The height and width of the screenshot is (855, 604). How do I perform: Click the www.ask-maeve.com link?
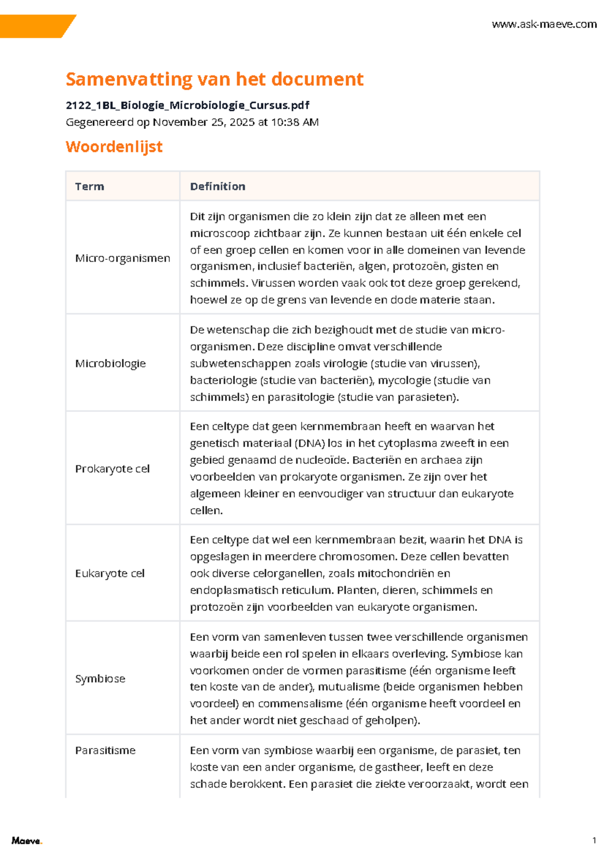click(544, 24)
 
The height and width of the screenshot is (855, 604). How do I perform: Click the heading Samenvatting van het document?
click(214, 79)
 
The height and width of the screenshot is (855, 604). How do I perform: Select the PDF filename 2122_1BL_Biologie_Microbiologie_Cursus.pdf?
click(187, 105)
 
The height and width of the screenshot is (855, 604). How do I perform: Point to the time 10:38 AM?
click(294, 122)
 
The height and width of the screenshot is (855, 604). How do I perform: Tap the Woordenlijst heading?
click(114, 147)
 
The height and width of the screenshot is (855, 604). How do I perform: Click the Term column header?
click(90, 186)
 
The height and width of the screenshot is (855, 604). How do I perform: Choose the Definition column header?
click(217, 186)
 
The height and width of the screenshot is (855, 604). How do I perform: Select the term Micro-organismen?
click(122, 258)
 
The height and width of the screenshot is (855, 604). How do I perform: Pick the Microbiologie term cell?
click(110, 364)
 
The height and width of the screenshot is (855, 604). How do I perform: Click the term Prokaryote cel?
click(112, 469)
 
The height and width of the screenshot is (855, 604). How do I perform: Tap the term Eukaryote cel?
click(110, 574)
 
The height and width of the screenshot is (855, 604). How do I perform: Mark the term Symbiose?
click(100, 679)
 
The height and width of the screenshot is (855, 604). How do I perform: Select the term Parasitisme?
click(105, 750)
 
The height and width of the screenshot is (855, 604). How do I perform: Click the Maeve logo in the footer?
click(27, 840)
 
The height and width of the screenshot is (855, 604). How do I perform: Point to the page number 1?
click(594, 840)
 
